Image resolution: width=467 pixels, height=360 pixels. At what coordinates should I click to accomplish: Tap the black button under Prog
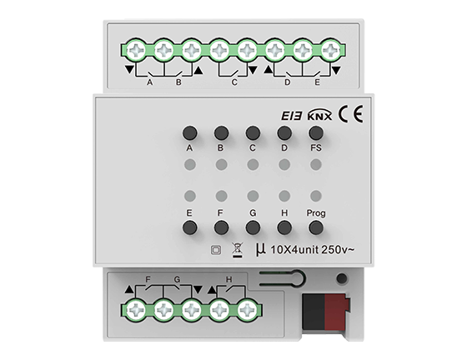316,227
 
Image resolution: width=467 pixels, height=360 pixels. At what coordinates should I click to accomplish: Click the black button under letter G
253,227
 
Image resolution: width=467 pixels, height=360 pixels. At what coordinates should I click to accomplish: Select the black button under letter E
190,227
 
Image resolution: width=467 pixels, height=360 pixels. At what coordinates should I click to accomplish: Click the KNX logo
319,115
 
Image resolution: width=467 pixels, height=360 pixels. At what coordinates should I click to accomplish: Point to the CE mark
350,114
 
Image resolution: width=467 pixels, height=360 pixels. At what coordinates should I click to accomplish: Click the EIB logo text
292,116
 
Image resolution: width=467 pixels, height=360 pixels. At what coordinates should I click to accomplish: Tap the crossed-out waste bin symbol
238,250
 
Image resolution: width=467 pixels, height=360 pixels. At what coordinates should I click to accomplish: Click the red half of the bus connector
337,312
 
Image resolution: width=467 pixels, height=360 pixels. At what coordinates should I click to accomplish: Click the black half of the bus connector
314,312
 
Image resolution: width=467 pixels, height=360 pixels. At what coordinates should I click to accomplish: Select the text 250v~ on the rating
338,250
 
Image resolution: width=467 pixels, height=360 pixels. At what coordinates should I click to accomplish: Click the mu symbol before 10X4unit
260,250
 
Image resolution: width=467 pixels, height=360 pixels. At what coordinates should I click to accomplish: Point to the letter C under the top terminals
234,82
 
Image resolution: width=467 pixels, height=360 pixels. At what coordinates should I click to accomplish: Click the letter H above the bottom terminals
228,279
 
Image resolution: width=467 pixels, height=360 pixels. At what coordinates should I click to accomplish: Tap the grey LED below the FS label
316,164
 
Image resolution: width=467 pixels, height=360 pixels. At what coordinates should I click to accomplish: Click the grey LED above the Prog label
316,196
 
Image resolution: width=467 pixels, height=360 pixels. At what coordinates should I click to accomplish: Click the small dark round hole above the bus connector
342,278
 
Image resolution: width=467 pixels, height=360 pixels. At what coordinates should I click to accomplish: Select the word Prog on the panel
316,213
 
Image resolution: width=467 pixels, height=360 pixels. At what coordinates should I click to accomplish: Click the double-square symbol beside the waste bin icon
216,250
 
